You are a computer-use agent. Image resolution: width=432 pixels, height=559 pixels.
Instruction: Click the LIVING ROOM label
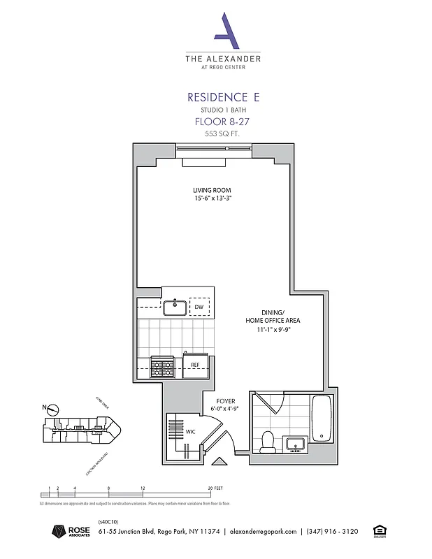click(x=212, y=190)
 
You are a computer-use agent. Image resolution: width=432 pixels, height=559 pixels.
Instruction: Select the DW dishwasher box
click(x=199, y=307)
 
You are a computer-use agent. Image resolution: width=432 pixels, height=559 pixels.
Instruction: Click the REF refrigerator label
click(x=196, y=365)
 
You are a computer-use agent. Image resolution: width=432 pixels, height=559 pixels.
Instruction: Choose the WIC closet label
click(x=190, y=432)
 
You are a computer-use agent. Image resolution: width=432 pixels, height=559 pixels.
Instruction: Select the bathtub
click(x=322, y=419)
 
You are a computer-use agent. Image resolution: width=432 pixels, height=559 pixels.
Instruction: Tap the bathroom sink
click(x=294, y=444)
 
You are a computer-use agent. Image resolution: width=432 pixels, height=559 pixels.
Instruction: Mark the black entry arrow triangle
click(x=218, y=462)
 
